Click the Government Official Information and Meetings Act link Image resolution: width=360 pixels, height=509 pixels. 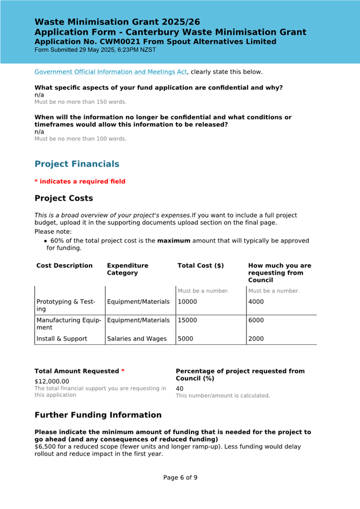110,72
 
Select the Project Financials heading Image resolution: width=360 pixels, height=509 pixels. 77,164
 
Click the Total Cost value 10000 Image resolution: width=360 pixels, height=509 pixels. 187,302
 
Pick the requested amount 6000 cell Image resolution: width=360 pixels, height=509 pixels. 256,320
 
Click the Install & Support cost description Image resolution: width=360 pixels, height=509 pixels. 62,338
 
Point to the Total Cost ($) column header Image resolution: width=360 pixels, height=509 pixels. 201,265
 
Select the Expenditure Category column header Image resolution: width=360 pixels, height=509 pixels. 127,269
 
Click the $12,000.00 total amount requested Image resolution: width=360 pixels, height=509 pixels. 52,381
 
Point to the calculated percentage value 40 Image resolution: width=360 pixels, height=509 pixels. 180,389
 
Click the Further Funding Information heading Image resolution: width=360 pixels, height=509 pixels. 98,415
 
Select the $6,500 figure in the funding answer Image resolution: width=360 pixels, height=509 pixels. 46,446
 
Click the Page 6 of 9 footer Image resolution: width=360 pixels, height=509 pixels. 180,478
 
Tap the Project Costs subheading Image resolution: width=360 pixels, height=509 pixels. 63,198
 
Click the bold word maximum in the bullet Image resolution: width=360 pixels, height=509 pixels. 173,241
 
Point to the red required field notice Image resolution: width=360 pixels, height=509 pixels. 80,182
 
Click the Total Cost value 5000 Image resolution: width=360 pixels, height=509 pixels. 185,338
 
